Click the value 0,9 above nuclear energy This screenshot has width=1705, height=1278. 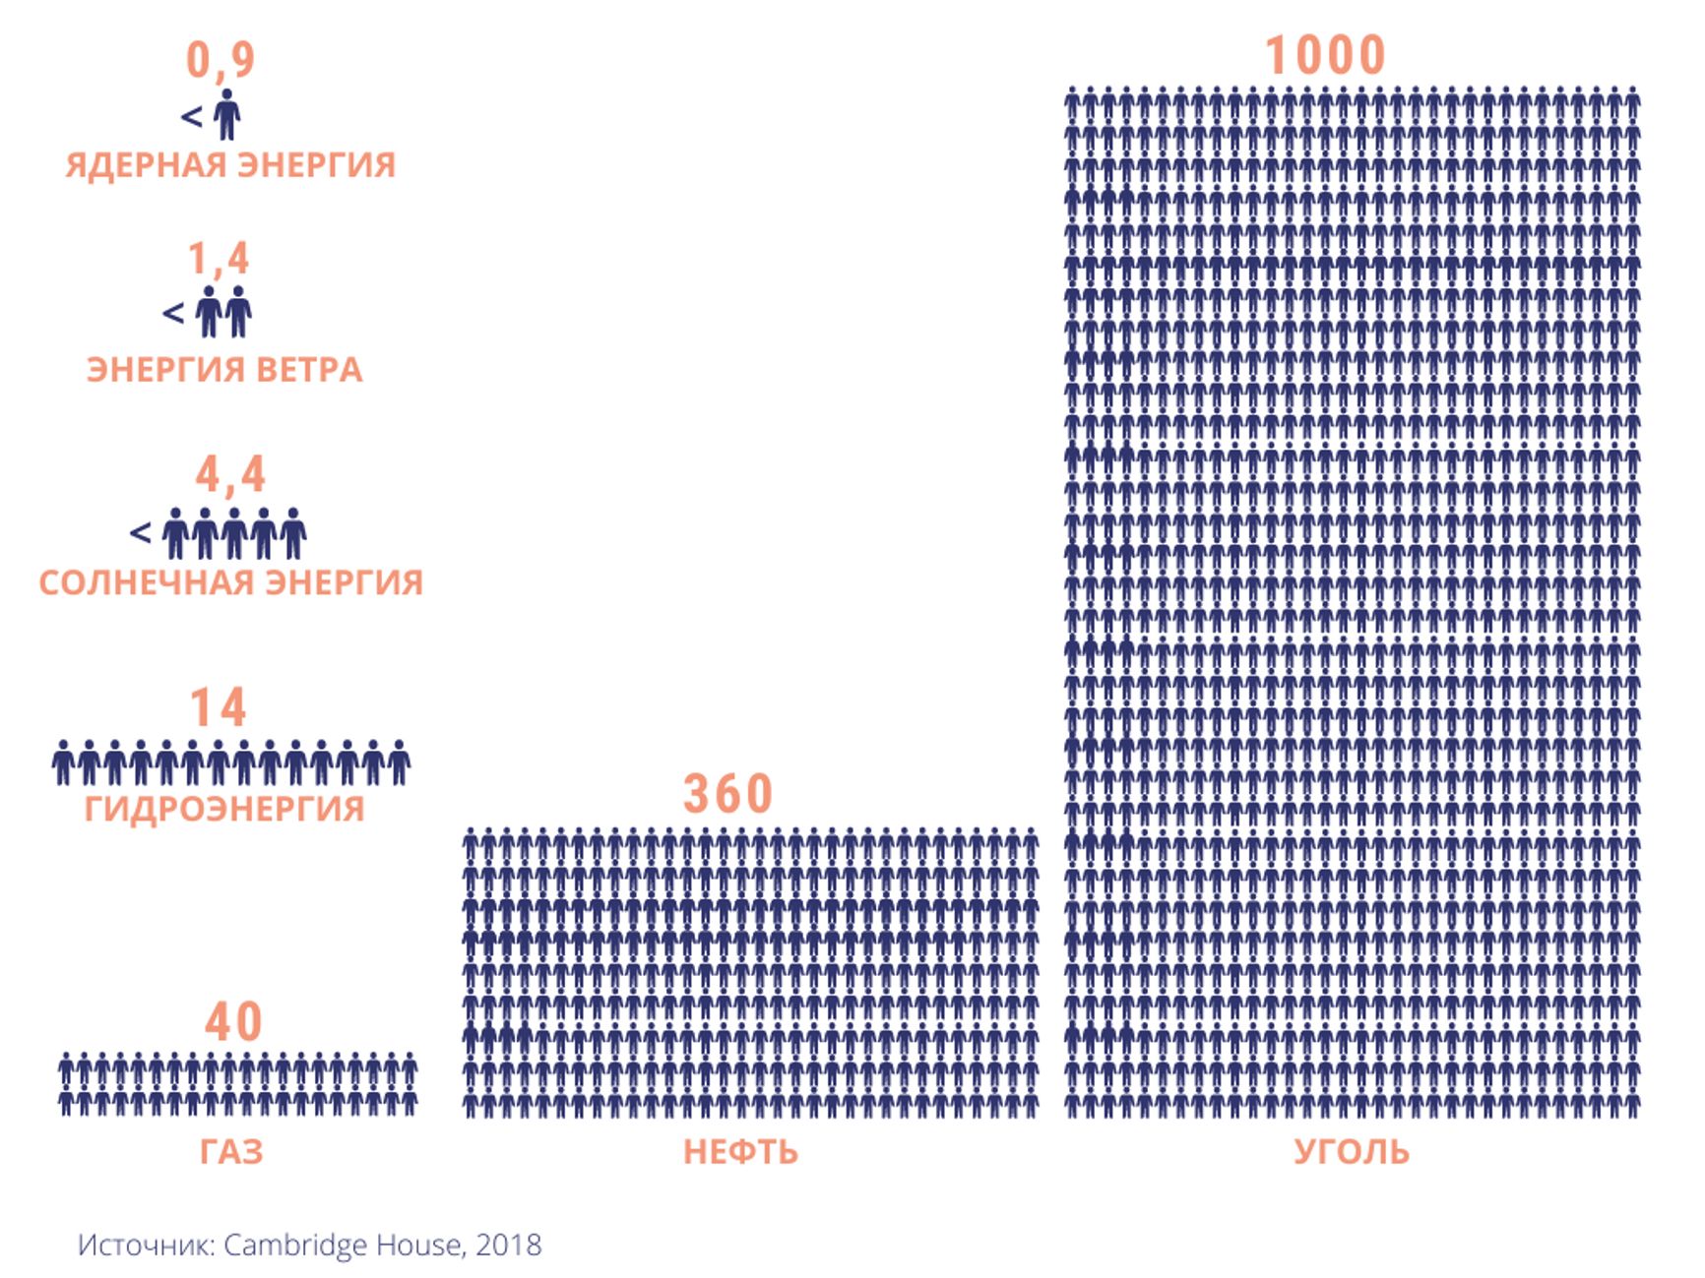pos(221,59)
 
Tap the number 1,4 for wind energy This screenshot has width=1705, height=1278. pos(219,259)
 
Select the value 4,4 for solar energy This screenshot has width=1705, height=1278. pos(230,474)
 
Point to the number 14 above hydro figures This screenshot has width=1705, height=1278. pos(218,707)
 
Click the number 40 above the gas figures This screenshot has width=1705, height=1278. pos(233,1022)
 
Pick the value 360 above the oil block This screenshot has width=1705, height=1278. pos(728,794)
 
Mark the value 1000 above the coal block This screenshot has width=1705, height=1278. pos(1325,55)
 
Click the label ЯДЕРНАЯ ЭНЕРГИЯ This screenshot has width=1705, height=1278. pos(230,164)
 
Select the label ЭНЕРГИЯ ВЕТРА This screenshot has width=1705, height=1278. pos(224,370)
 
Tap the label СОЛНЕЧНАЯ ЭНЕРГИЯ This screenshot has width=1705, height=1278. pos(230,582)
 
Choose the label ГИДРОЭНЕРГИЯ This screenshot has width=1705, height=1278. pos(224,809)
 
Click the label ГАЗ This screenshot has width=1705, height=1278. pos(231,1151)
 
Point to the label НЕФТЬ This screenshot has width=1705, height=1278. pos(740,1151)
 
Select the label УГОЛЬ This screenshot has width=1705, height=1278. pos(1351,1151)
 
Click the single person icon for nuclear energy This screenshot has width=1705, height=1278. pos(227,114)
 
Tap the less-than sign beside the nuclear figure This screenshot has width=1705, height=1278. pos(192,117)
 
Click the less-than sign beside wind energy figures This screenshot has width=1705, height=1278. pos(173,313)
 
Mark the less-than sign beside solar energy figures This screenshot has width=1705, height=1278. pos(141,532)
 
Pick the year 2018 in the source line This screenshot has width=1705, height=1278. pos(509,1245)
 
